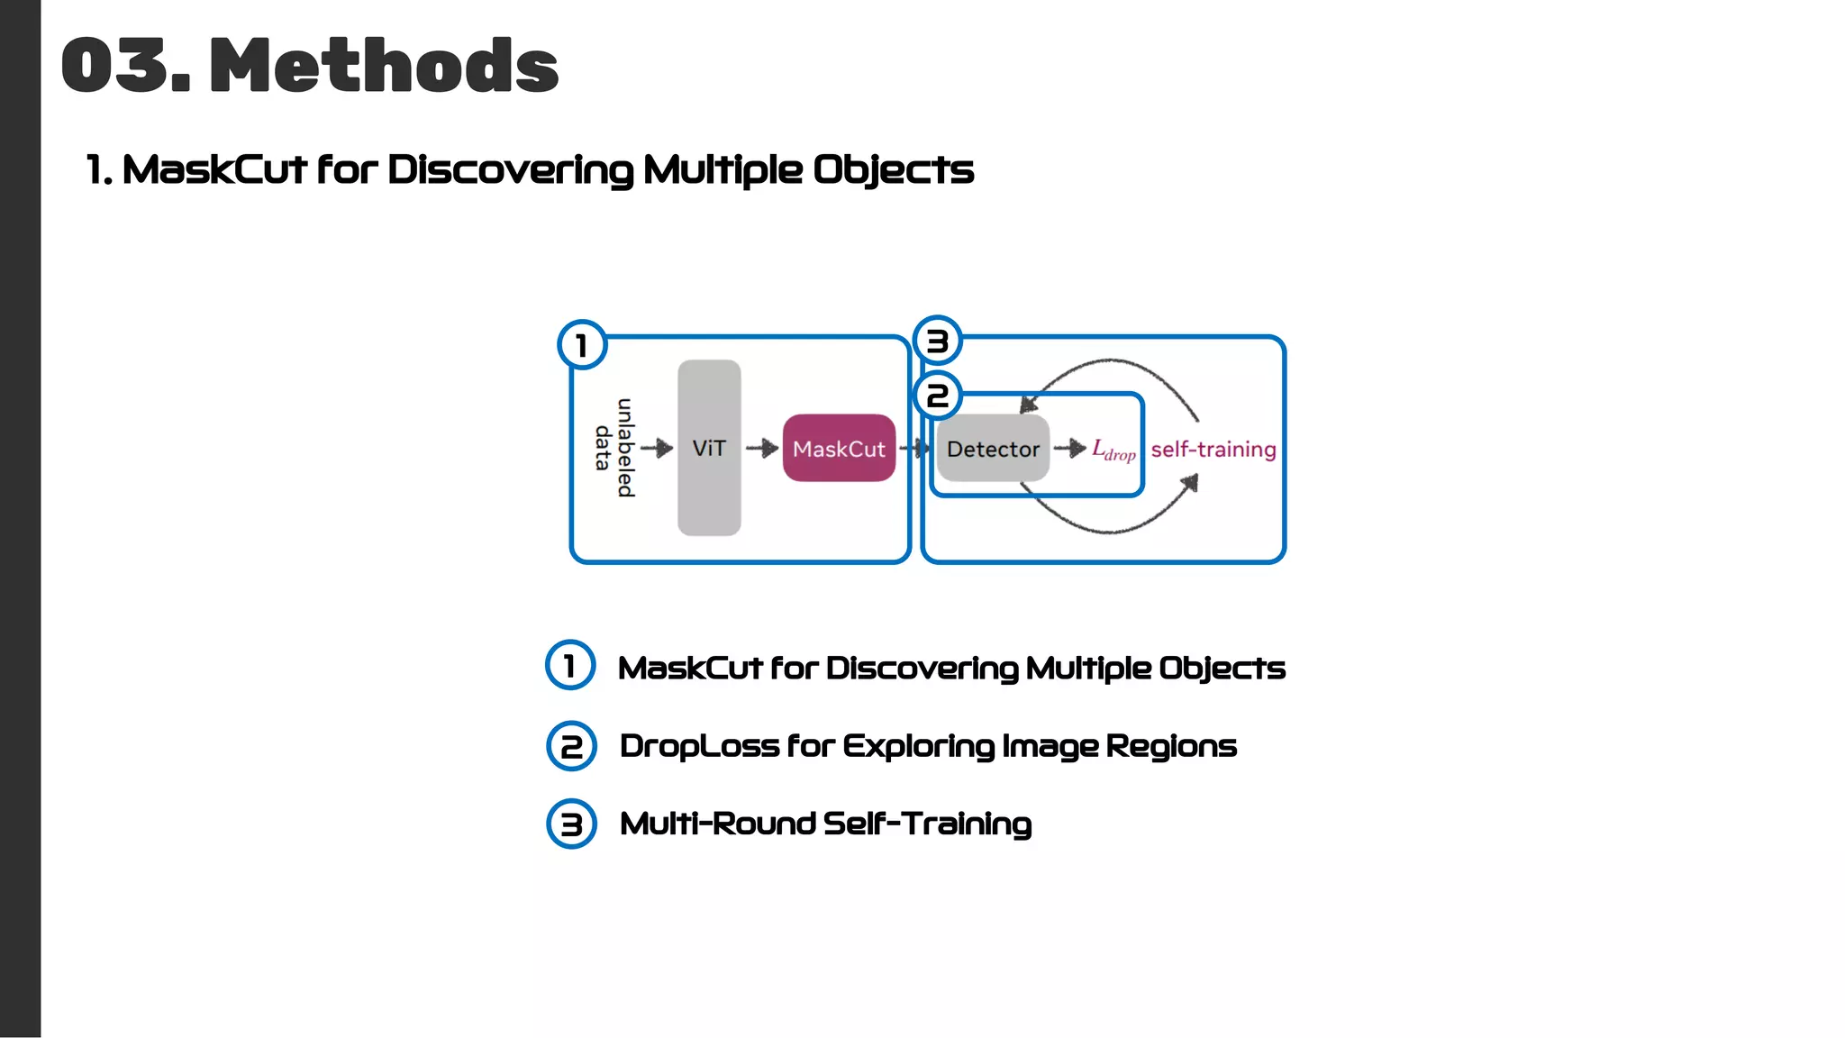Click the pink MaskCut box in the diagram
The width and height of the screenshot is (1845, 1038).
839,448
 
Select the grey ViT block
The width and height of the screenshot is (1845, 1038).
709,448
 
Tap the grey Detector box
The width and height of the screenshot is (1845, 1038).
993,449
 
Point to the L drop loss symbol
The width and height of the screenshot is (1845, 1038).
1113,450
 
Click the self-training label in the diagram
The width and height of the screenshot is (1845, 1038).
1213,449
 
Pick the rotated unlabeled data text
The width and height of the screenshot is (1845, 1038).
614,448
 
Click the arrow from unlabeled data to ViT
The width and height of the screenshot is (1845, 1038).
658,448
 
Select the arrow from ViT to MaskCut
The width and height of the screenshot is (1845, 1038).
762,448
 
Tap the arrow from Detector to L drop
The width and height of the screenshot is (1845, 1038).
1070,448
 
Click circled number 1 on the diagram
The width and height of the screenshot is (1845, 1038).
582,345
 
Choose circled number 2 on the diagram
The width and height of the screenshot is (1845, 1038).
938,396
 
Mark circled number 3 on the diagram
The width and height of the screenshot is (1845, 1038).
938,341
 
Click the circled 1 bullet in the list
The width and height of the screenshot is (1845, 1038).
570,666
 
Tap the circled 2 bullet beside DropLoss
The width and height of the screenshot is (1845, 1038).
571,746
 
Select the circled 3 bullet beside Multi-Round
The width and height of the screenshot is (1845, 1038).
571,824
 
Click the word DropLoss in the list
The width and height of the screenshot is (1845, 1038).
698,746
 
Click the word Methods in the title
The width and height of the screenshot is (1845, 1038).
384,65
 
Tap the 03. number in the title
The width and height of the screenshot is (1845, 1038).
126,65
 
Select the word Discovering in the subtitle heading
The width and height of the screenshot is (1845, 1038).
510,169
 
